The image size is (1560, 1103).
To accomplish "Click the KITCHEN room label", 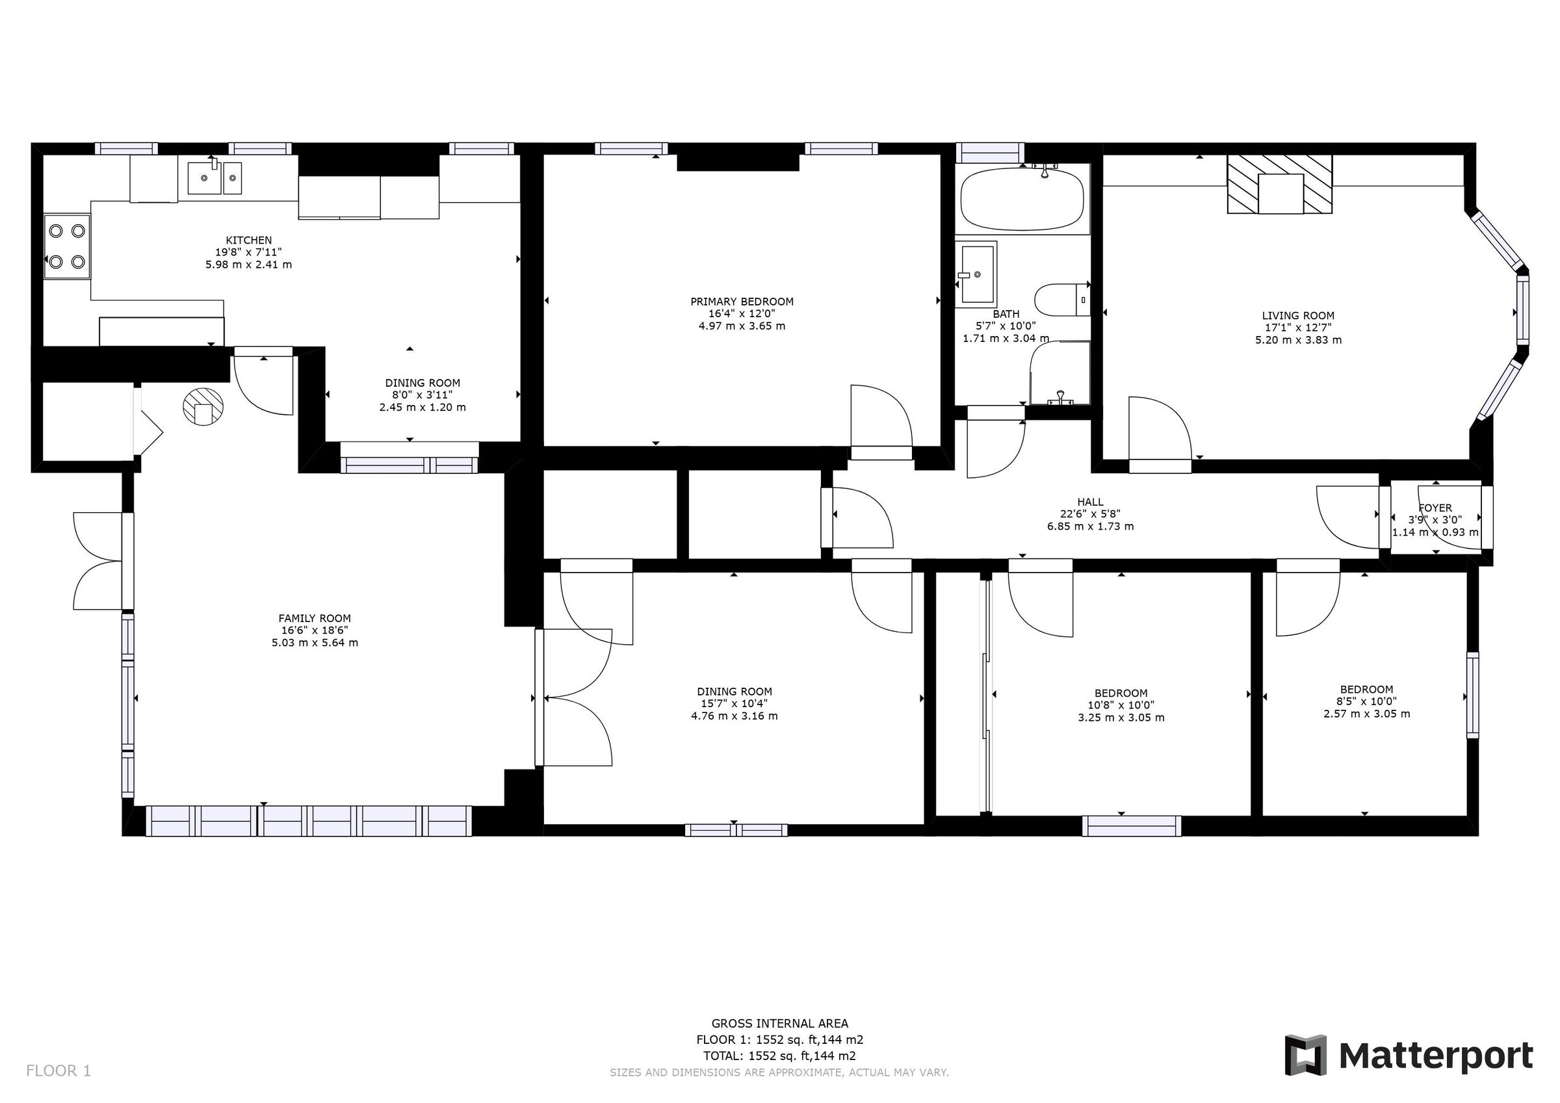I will (x=249, y=240).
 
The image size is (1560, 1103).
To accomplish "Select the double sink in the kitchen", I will (x=214, y=178).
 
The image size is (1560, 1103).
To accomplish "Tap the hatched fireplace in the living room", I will (x=1279, y=184).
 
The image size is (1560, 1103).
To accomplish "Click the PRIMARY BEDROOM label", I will (x=741, y=302).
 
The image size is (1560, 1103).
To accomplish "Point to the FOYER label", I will (x=1435, y=508).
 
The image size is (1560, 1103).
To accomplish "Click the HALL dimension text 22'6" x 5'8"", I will (x=1090, y=513).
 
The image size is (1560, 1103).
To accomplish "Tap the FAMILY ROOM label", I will (x=315, y=618).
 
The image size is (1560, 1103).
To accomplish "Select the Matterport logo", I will (x=1409, y=1056).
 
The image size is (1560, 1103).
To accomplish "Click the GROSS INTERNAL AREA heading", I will (x=779, y=1024).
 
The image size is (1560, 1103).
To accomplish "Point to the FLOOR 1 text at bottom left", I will (x=58, y=1071).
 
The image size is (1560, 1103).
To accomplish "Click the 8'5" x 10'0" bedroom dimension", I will (x=1366, y=701).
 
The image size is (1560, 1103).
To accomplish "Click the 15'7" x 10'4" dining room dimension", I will (x=734, y=704).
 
